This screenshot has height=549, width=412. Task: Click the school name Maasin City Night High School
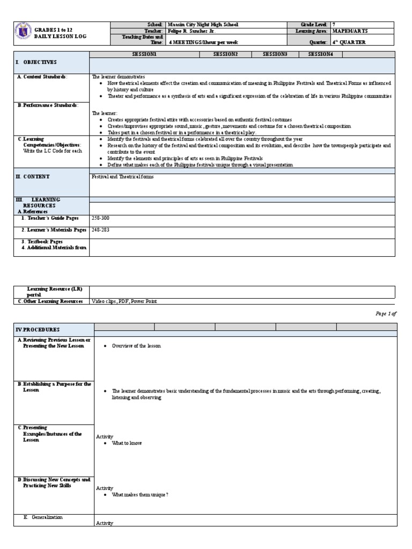pos(203,25)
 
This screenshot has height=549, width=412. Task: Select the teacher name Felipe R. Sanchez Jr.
pos(192,32)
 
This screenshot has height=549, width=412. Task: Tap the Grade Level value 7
pos(334,25)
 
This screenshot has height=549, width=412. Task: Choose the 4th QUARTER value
pos(349,42)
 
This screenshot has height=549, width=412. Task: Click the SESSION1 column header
pos(144,55)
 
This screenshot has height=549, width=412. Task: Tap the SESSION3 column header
pos(275,55)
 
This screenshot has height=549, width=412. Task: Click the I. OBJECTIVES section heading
pos(36,63)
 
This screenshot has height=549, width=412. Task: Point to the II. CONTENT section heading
pos(34,176)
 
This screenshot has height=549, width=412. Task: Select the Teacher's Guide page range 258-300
pos(100,218)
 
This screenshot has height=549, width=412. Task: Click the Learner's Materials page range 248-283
pos(100,229)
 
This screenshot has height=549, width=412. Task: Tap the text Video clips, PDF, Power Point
pos(124,301)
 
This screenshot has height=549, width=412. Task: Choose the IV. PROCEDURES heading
pos(38,329)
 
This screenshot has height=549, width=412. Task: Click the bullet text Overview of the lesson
pos(136,346)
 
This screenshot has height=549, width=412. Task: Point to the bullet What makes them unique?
pos(139,494)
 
